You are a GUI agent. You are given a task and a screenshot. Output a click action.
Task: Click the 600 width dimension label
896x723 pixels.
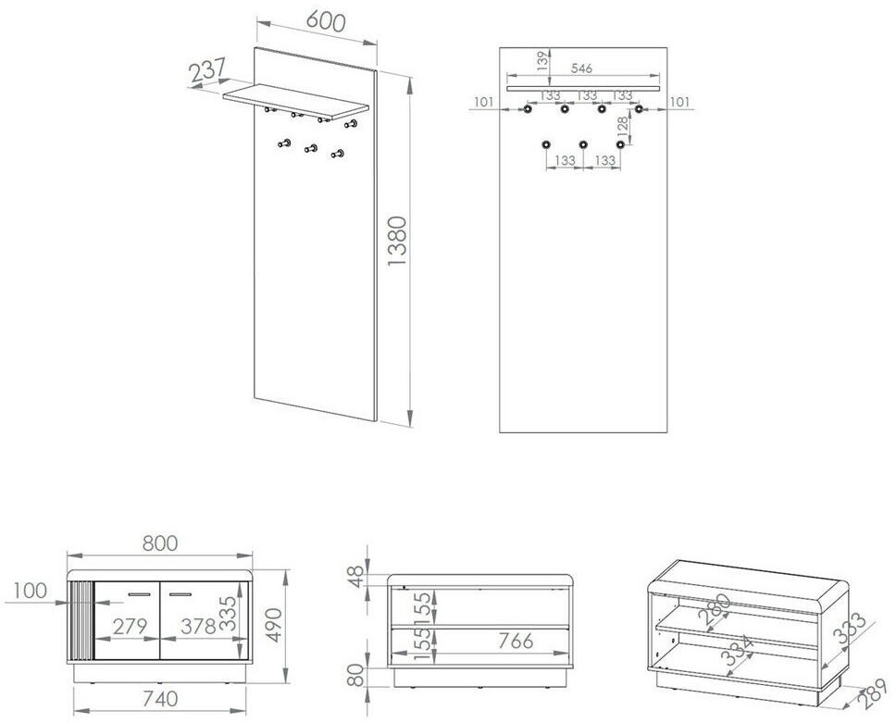(326, 20)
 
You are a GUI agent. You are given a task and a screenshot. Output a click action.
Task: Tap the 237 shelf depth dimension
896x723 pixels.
(207, 71)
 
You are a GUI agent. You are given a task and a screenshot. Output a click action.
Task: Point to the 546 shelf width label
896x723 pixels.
(581, 68)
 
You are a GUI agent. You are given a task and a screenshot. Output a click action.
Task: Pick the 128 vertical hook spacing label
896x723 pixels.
(622, 125)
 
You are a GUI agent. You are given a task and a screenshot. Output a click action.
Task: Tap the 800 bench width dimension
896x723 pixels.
(160, 543)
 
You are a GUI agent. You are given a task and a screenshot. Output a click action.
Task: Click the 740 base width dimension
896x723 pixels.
(160, 698)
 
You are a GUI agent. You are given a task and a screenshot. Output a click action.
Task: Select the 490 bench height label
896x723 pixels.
(274, 625)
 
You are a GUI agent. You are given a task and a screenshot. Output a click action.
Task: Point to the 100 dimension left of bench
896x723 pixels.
(31, 591)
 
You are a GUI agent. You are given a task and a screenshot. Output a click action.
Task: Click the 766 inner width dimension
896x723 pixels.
(516, 641)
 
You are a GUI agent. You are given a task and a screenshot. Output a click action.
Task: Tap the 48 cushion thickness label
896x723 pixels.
(355, 576)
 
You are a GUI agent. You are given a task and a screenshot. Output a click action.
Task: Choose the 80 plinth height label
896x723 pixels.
(355, 675)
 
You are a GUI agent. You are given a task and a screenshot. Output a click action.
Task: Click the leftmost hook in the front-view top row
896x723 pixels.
(528, 108)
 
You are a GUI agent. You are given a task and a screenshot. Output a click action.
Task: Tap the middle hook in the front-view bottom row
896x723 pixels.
(583, 144)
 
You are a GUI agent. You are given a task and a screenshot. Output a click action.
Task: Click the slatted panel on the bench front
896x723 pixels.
(80, 621)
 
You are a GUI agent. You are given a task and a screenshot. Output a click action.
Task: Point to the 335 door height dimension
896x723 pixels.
(228, 613)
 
